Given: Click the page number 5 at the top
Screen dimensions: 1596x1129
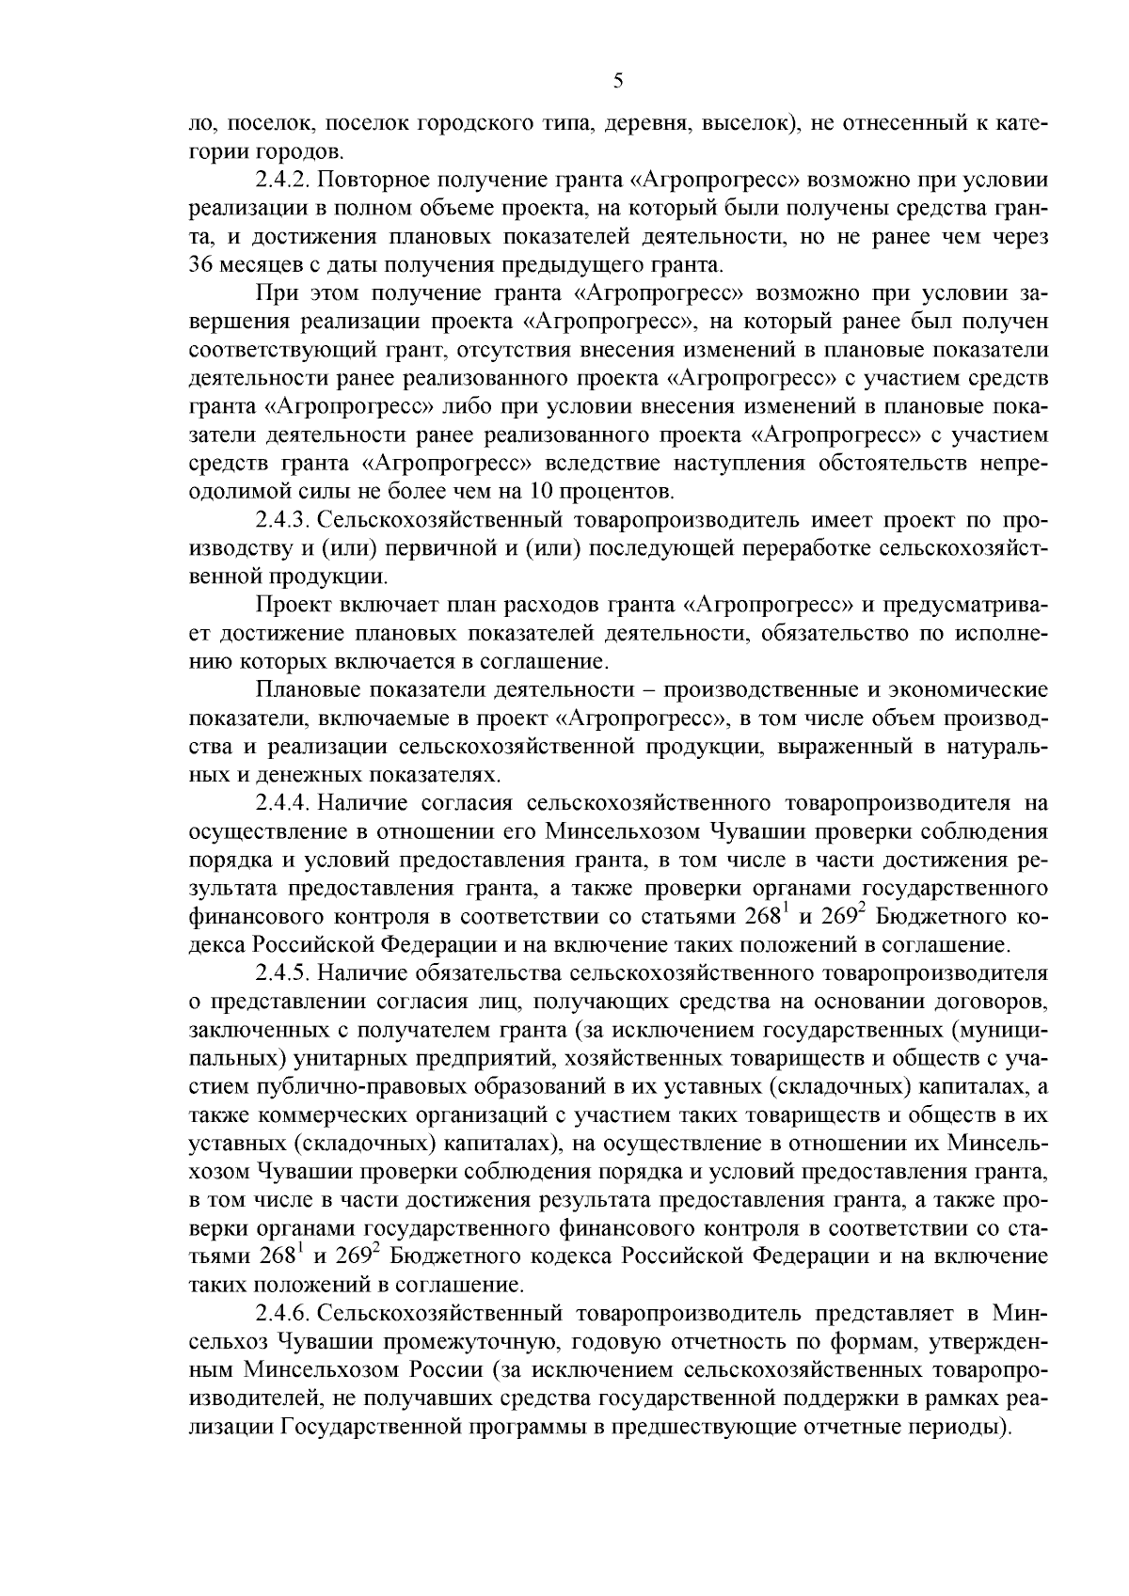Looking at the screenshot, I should click(617, 81).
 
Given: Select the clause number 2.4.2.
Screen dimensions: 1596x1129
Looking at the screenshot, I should click(282, 180).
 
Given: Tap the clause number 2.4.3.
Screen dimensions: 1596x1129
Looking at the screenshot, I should click(282, 520).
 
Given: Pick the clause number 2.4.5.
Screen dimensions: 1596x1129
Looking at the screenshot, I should click(282, 973).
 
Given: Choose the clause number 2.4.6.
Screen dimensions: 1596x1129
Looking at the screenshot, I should click(282, 1313).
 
